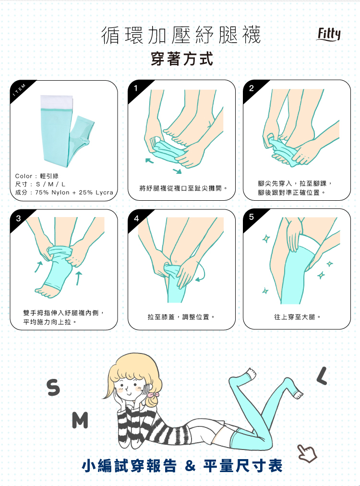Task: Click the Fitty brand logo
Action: click(328, 34)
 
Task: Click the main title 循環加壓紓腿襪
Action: click(181, 35)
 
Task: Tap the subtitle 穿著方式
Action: click(182, 59)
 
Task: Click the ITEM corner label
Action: click(20, 89)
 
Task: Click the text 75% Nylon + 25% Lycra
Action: click(74, 193)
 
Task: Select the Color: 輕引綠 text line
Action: click(37, 176)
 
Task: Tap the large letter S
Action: click(53, 388)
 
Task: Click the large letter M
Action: click(80, 420)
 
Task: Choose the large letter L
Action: click(322, 376)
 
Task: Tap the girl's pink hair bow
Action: click(153, 395)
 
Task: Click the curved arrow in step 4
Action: click(202, 273)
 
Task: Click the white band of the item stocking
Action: click(56, 102)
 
